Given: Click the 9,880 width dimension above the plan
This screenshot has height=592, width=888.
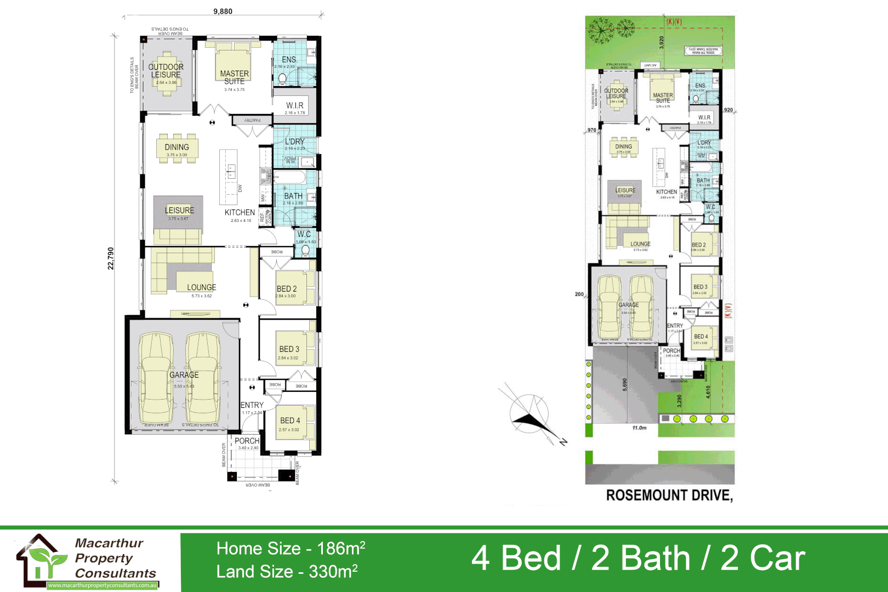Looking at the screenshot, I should pos(223,11).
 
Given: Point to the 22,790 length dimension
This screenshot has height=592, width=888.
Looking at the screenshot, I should pos(111,258).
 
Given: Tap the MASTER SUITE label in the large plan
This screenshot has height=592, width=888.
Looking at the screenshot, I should pos(234,77).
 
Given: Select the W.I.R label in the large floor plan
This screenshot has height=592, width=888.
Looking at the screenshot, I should pos(294,105).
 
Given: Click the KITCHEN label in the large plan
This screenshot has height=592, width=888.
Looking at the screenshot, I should pos(240,212).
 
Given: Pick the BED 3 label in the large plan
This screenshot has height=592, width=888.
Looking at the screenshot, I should pos(289,349).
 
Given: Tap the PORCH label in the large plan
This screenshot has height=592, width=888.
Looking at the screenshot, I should pos(247,441).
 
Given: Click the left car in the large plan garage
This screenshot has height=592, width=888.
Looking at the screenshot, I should pos(156,374).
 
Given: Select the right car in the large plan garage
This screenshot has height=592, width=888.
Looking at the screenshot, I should pos(203,374).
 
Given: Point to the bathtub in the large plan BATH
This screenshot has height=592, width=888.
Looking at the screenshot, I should pos(289,178).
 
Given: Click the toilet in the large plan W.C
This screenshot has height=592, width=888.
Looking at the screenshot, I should pos(305,250).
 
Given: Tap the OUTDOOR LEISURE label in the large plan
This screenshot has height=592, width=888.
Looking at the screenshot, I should pos(166,71).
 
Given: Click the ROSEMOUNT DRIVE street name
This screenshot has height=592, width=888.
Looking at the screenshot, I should pos(669,495).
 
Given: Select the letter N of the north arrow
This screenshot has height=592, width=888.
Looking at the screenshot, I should pos(563,442).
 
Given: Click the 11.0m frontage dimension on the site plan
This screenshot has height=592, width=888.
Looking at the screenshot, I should pos(639,428).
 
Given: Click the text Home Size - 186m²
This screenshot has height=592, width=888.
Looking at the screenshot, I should pos(291,548).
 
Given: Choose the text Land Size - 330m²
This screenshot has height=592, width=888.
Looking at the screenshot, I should pos(287,572).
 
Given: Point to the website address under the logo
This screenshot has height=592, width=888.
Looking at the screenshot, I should pos(103,585).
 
